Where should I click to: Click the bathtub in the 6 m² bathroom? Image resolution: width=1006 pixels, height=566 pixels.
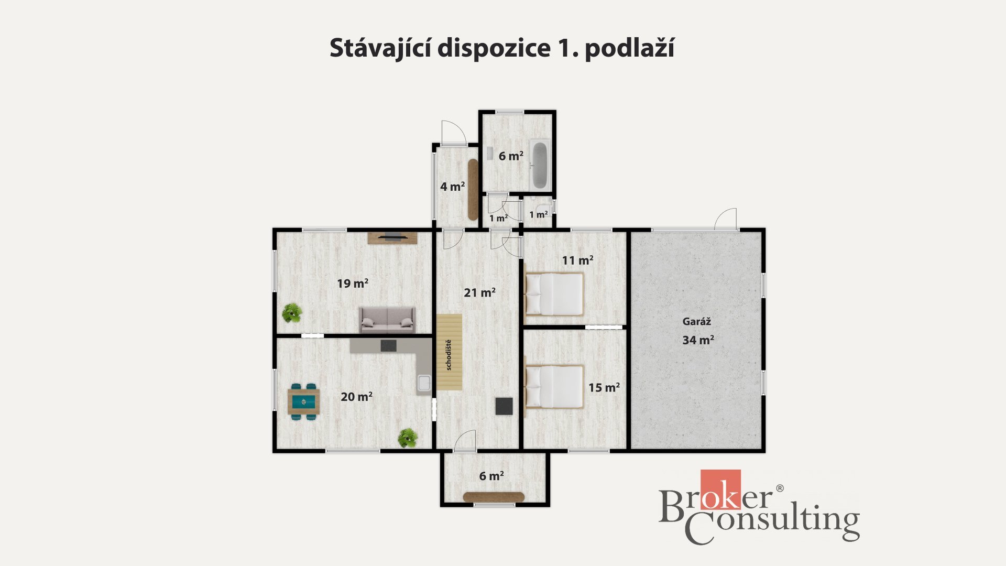point(540,165)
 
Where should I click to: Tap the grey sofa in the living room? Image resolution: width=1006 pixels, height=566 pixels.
point(387,320)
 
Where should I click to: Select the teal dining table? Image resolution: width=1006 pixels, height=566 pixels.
point(303,402)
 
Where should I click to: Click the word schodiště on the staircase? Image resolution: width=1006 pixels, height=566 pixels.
point(449,355)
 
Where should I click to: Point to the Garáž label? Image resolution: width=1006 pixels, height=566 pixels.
point(696,322)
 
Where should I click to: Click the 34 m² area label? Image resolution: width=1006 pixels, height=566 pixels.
point(698,340)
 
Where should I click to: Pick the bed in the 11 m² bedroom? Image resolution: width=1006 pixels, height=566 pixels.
point(554,295)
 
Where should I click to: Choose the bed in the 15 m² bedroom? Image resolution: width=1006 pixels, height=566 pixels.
point(554,387)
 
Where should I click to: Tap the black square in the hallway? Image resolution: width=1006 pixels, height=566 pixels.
point(504,406)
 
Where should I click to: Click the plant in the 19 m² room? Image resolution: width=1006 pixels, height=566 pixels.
point(292,313)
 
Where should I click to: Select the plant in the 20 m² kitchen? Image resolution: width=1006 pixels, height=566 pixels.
point(407,438)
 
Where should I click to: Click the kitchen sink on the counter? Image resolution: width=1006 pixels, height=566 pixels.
point(424,384)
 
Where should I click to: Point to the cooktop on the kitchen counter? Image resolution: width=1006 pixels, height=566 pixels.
point(388,346)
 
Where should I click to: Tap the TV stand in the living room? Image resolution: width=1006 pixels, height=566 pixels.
point(392,238)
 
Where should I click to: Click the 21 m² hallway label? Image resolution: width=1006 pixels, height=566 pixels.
point(479,292)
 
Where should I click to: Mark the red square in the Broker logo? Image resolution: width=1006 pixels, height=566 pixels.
point(721,489)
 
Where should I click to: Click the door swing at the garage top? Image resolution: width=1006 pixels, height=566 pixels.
point(726,219)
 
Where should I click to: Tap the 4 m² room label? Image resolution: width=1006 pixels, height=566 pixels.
point(453,187)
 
